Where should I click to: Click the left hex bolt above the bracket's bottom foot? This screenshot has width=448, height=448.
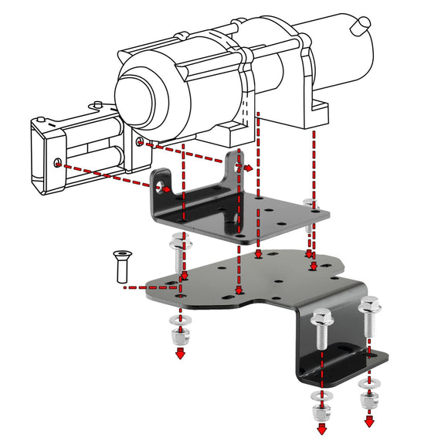point(321,329)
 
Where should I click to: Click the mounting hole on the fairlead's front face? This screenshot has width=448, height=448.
point(59,162)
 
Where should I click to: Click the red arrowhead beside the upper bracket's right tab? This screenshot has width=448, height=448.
point(249,168)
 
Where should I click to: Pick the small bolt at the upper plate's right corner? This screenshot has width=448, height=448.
point(311,205)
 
